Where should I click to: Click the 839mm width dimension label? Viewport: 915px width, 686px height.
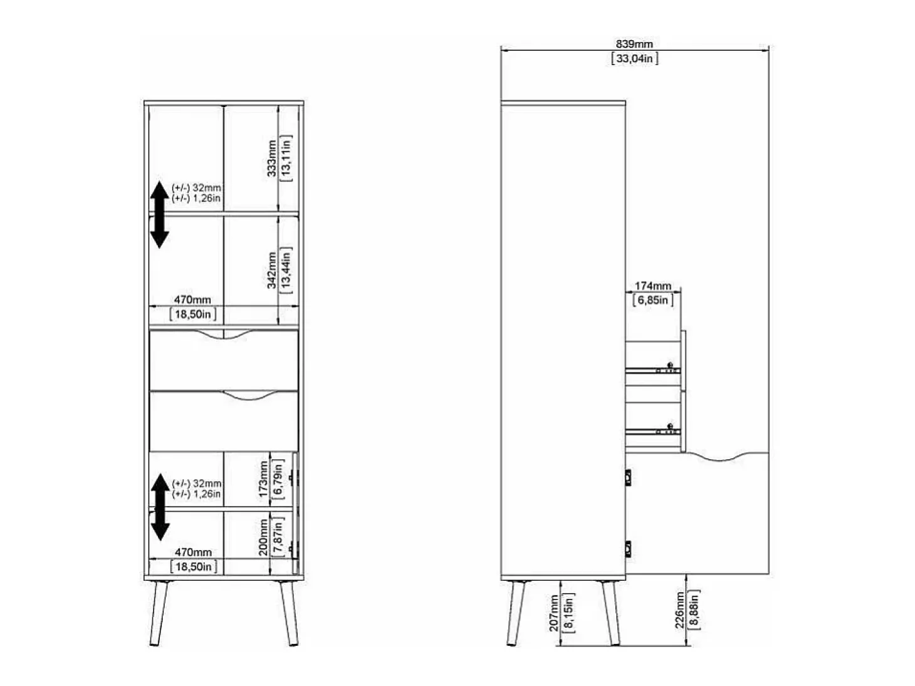click(634, 44)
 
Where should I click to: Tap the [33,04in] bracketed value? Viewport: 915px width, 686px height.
click(634, 58)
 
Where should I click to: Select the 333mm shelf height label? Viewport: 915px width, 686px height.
click(272, 159)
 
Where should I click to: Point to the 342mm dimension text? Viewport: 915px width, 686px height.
click(272, 270)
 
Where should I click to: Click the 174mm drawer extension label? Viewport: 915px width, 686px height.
click(653, 286)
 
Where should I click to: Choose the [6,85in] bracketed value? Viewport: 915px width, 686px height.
click(653, 300)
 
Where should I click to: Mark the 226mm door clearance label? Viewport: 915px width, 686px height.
click(679, 610)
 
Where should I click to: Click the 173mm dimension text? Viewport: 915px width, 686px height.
click(263, 479)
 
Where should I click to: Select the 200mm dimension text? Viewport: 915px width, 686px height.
click(263, 538)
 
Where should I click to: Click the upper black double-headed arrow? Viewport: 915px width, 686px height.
click(159, 214)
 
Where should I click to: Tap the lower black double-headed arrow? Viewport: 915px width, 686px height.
click(160, 507)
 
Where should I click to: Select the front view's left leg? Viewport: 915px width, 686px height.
click(159, 613)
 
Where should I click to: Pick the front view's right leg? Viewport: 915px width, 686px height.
click(289, 613)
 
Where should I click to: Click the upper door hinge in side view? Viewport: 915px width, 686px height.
click(628, 477)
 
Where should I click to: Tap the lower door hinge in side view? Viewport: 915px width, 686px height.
click(628, 549)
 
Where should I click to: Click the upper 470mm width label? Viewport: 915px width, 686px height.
click(192, 299)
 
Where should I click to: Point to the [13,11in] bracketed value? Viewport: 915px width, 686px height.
click(286, 159)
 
